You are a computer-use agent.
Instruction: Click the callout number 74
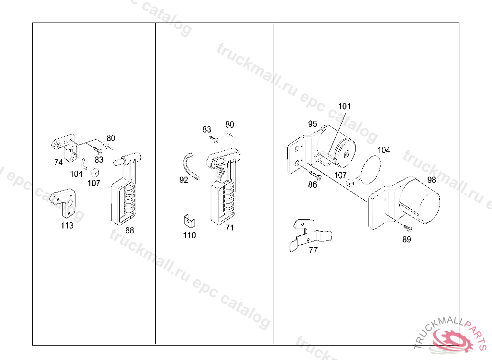tap(58, 162)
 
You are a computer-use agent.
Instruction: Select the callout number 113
tap(67, 225)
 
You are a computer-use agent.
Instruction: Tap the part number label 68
tap(130, 230)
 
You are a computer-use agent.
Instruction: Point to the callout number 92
tap(184, 180)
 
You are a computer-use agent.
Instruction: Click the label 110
tap(189, 235)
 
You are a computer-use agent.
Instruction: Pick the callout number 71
tap(230, 228)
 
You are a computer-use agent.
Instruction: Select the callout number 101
tap(344, 106)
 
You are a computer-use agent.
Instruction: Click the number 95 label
tap(312, 123)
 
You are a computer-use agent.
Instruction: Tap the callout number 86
tap(312, 184)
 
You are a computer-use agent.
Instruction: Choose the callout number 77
tap(313, 250)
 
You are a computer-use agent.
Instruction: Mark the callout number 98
tap(432, 180)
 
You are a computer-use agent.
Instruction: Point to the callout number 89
tap(406, 239)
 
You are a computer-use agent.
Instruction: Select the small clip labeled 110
tap(189, 221)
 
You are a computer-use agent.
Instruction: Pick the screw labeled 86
tap(315, 175)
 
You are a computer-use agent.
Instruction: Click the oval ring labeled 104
tap(371, 169)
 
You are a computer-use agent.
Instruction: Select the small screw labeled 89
tap(407, 228)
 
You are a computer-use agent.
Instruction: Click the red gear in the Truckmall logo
tap(453, 339)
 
